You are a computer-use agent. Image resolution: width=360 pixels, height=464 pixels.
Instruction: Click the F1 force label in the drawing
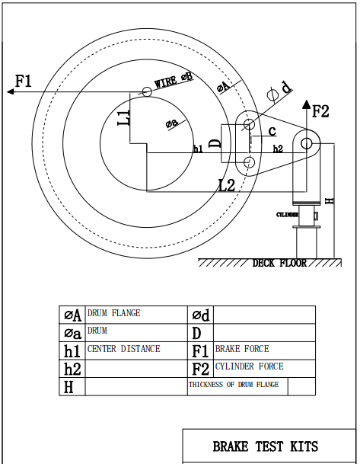point(23,81)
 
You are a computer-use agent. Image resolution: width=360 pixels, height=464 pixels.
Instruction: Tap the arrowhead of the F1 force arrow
point(11,91)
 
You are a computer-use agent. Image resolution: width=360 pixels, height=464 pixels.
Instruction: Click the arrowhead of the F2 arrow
point(307,104)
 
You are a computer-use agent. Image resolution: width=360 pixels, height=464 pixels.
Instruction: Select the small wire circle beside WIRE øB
point(147,92)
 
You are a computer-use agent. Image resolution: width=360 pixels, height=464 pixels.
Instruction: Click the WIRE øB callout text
point(174,80)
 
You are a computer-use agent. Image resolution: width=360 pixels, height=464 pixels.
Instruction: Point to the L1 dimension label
point(123,117)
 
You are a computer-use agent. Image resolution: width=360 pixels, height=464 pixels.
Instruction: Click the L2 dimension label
point(226,186)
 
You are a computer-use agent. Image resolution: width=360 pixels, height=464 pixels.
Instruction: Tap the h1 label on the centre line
point(199,149)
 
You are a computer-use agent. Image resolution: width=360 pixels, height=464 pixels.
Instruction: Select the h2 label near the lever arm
point(278,149)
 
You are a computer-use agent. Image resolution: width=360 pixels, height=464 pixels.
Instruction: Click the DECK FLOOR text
point(279,263)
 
